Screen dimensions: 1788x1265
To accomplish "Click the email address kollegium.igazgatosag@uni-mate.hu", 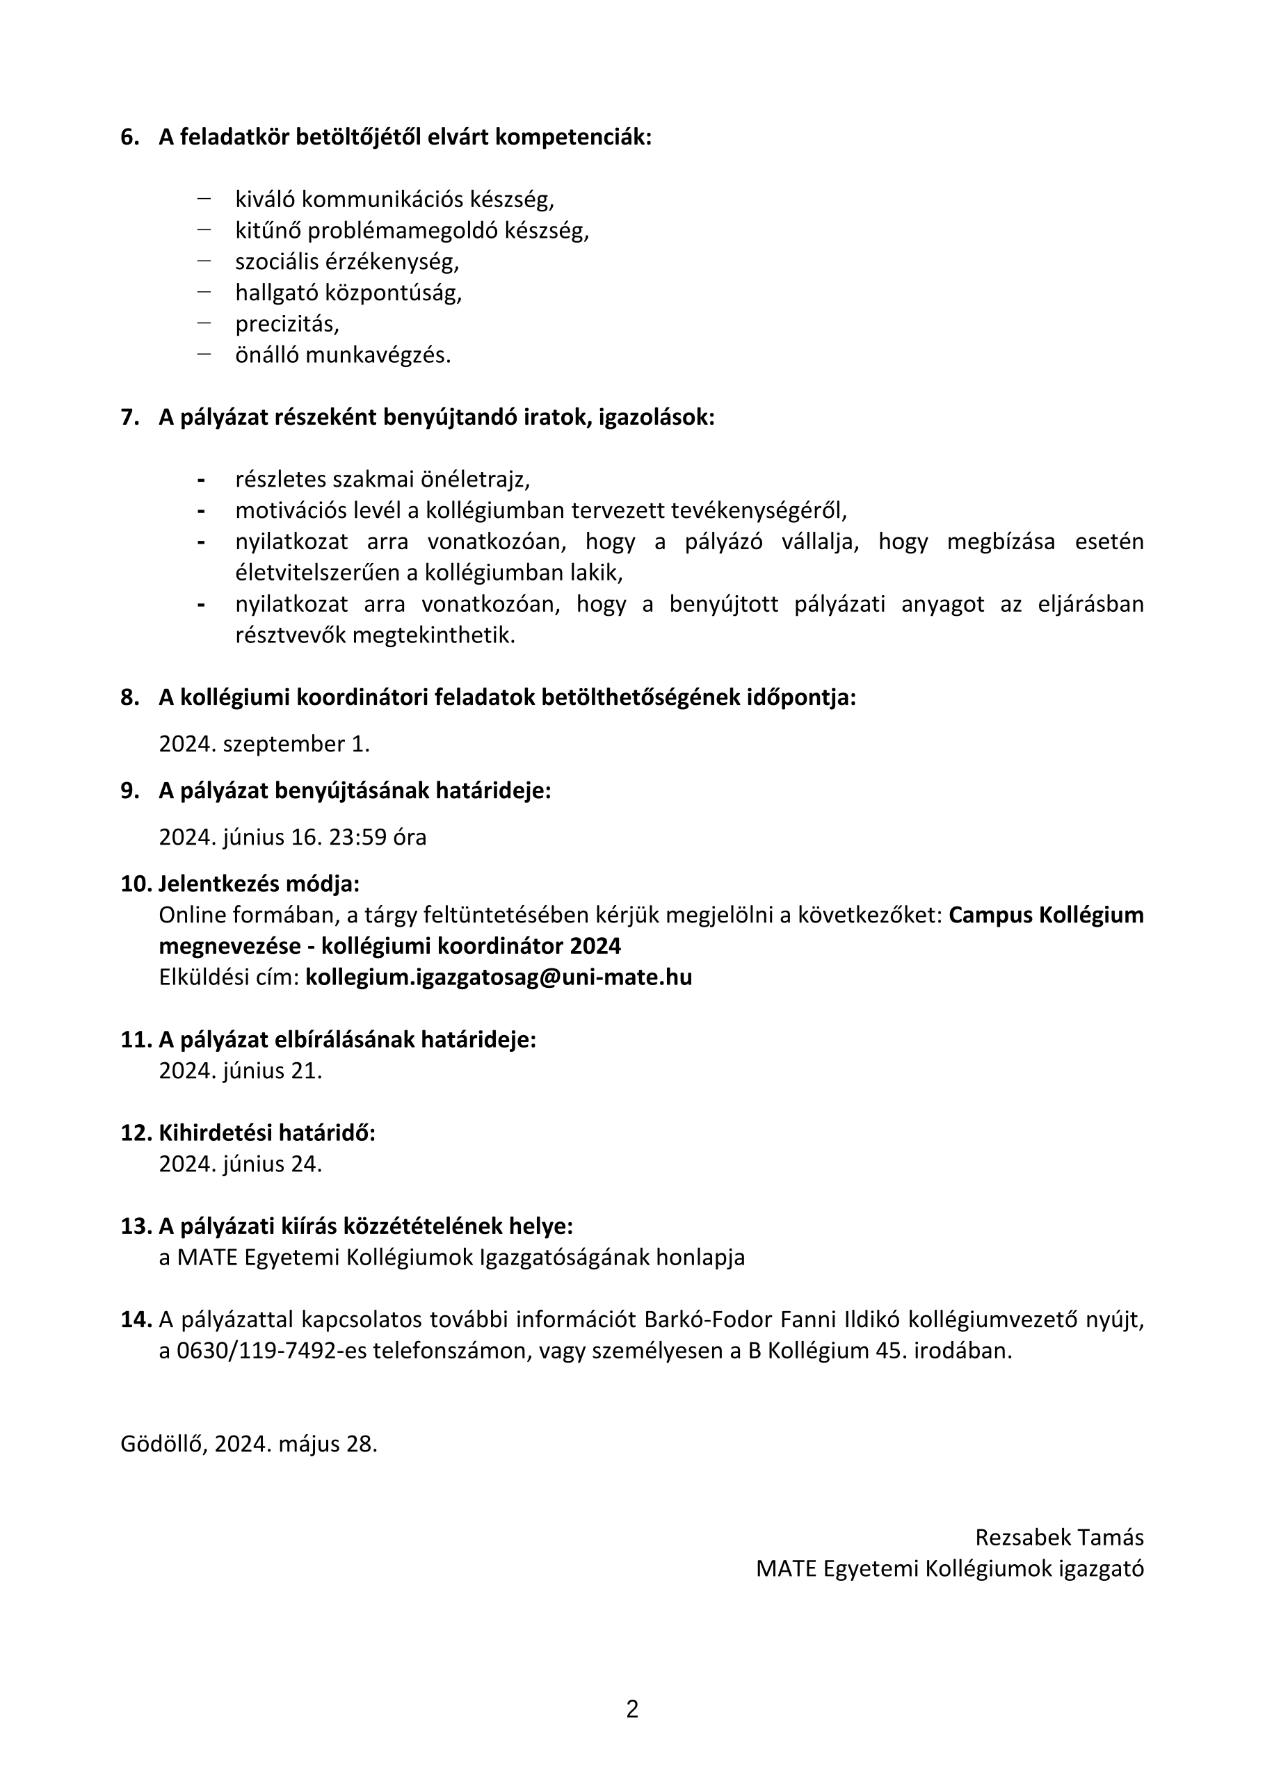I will (x=499, y=977).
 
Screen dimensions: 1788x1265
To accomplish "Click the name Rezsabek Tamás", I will (x=1059, y=1538).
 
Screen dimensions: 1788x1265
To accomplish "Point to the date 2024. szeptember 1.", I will (x=264, y=745).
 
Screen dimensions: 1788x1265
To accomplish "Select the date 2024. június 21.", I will (x=240, y=1071).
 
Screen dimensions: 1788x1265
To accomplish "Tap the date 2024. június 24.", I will (x=240, y=1164).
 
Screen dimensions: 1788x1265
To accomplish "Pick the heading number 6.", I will (x=129, y=138).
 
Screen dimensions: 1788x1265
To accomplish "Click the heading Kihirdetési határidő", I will (x=266, y=1133).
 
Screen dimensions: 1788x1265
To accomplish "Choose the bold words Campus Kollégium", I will (x=1046, y=915).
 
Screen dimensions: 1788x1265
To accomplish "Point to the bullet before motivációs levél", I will (x=201, y=511).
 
